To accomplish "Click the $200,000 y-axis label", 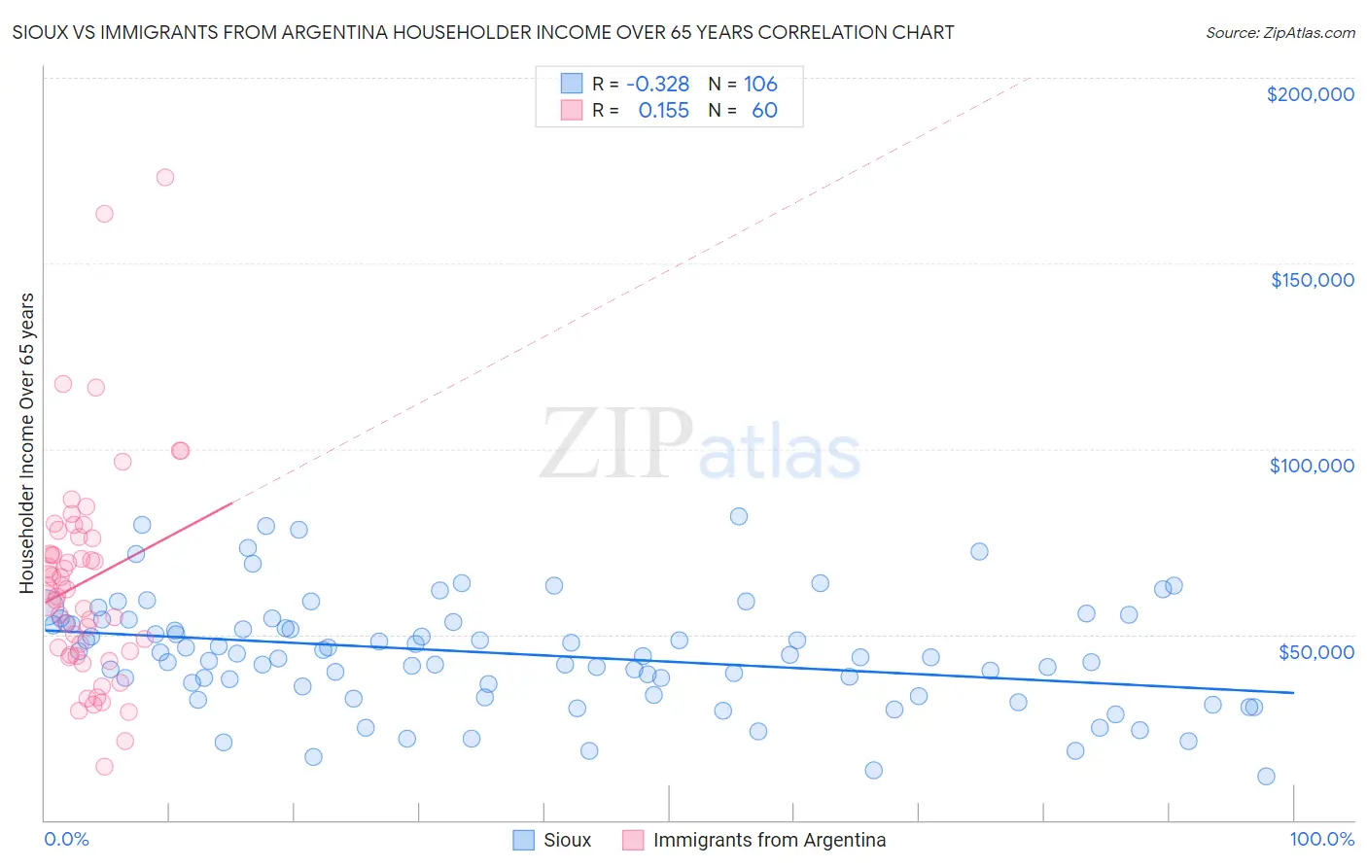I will click(1310, 94).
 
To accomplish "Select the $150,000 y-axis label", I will click(1312, 280).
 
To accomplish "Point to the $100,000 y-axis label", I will click(1312, 466).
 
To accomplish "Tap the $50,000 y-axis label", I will click(1315, 651).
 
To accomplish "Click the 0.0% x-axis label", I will click(66, 839).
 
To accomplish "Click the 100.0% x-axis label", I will click(1321, 839).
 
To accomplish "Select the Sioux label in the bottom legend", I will click(567, 840).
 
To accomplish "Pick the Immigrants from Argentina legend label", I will click(769, 840).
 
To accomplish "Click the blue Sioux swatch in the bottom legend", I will click(524, 840).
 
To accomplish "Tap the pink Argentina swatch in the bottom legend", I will click(633, 840).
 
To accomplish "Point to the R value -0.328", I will click(657, 84).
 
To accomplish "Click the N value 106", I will click(760, 84).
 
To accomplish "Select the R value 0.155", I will click(663, 110).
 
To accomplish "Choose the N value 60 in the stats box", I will click(764, 110).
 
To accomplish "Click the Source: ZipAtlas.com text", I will click(1279, 32).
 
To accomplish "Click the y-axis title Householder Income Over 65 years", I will click(27, 442).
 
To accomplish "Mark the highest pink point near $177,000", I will click(165, 177).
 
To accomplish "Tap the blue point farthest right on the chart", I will click(1266, 776).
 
